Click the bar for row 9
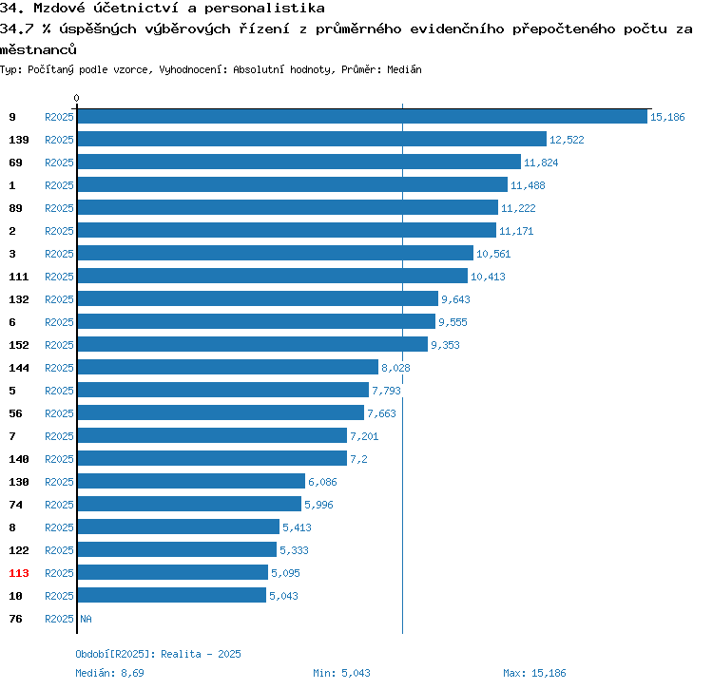(361, 116)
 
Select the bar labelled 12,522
(312, 139)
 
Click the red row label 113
(19, 573)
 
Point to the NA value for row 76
(86, 619)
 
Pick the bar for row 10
(171, 595)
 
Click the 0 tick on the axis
(77, 98)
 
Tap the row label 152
(19, 345)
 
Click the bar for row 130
(191, 481)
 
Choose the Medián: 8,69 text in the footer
(109, 673)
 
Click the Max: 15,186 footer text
(534, 673)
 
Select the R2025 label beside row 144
(59, 368)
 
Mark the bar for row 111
(272, 276)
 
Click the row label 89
(15, 208)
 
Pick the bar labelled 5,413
(178, 527)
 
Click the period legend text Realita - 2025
(202, 654)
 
